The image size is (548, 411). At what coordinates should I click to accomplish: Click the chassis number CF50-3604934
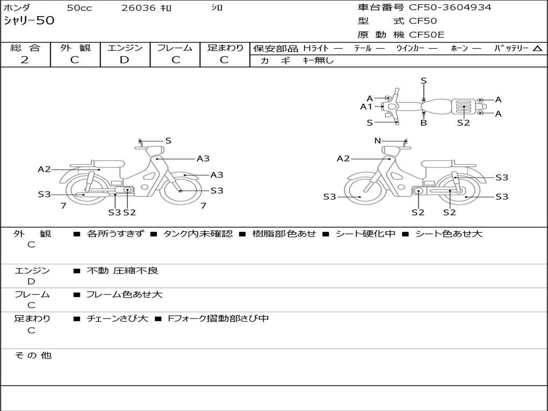(450, 7)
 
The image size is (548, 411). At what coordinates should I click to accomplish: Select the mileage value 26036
(138, 8)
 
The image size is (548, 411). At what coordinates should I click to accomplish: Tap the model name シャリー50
(29, 21)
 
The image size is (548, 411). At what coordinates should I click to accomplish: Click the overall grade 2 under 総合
(25, 60)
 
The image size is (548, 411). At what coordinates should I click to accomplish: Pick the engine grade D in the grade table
(124, 60)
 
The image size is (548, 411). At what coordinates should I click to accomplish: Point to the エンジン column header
(125, 48)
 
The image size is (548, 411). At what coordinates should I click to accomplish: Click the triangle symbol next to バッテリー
(537, 49)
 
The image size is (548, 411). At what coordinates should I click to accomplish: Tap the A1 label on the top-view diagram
(366, 106)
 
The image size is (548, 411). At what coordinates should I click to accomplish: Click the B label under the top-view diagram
(423, 123)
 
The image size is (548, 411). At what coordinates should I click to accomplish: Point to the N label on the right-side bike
(377, 141)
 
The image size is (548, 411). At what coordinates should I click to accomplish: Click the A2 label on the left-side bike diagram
(44, 169)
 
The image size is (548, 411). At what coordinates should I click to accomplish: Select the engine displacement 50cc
(79, 8)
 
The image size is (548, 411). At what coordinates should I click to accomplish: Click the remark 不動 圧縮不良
(123, 271)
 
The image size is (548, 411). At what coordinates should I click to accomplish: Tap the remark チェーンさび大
(117, 318)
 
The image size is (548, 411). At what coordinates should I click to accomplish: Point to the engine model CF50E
(427, 35)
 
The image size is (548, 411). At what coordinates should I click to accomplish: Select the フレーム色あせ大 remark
(124, 294)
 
